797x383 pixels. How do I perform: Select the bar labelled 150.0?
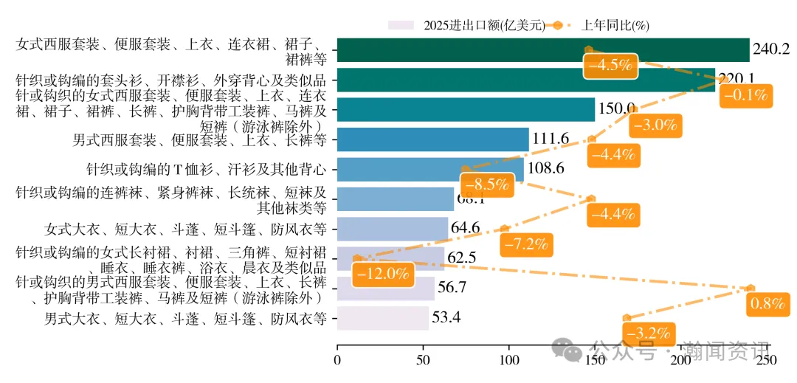pos(465,109)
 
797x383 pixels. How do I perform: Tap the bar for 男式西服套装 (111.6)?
pos(432,139)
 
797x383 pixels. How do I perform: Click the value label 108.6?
pos(546,169)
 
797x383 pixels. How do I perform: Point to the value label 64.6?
pos(466,227)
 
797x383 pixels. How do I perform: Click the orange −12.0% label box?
pos(382,274)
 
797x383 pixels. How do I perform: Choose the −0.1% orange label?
pos(747,94)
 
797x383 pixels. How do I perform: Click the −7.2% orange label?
pos(526,243)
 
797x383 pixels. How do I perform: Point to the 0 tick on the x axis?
pos(337,360)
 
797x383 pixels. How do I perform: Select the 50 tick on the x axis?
pos(423,360)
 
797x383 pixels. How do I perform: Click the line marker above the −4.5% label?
pos(588,49)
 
